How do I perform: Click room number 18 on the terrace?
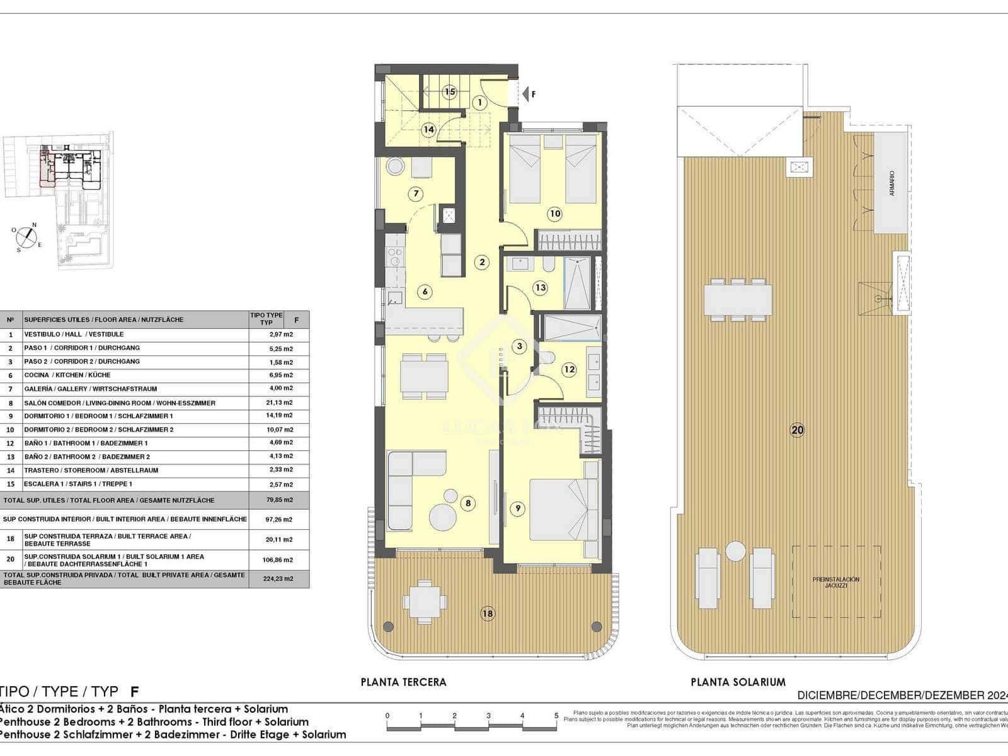tap(487, 614)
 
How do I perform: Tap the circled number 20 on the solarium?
tap(797, 430)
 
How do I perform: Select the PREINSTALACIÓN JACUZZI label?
tap(835, 582)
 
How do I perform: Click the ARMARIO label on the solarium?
tap(891, 183)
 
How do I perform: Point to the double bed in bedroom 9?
tap(563, 510)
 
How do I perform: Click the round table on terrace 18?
tap(425, 602)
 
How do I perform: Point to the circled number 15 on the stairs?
tap(449, 92)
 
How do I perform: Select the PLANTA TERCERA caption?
tap(403, 682)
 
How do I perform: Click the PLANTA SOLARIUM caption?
tap(738, 682)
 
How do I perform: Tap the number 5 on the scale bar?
tap(556, 716)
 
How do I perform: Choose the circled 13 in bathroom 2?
tap(540, 288)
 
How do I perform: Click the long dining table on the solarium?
tap(738, 300)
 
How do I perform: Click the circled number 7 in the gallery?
tap(415, 193)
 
